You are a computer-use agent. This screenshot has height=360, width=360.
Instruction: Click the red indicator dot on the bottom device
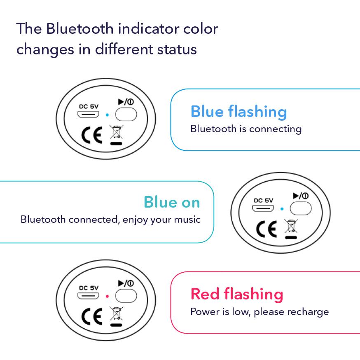pos(107,296)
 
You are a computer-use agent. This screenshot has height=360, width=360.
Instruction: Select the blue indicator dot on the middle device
pos(282,209)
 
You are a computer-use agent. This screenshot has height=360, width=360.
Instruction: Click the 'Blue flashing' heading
pos(238,112)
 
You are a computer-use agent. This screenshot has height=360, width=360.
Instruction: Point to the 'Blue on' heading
pos(172,202)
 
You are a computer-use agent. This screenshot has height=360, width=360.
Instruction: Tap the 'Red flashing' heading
pos(237,294)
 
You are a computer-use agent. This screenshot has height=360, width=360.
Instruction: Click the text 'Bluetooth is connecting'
pos(246,129)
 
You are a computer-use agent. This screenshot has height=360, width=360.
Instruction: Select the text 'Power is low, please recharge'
pos(259,312)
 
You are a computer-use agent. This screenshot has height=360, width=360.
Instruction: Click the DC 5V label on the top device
pos(89,106)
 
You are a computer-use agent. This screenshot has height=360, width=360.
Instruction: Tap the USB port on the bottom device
pos(89,296)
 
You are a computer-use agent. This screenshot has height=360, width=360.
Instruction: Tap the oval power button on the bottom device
pos(126,296)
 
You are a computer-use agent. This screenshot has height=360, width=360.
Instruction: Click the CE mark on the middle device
pos(266,229)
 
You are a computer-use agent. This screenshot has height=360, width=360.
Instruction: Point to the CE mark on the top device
pos(91,136)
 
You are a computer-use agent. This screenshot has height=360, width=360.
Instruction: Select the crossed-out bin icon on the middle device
pos(291,227)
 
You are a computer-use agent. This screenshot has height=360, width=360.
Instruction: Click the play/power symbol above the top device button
pos(126,102)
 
